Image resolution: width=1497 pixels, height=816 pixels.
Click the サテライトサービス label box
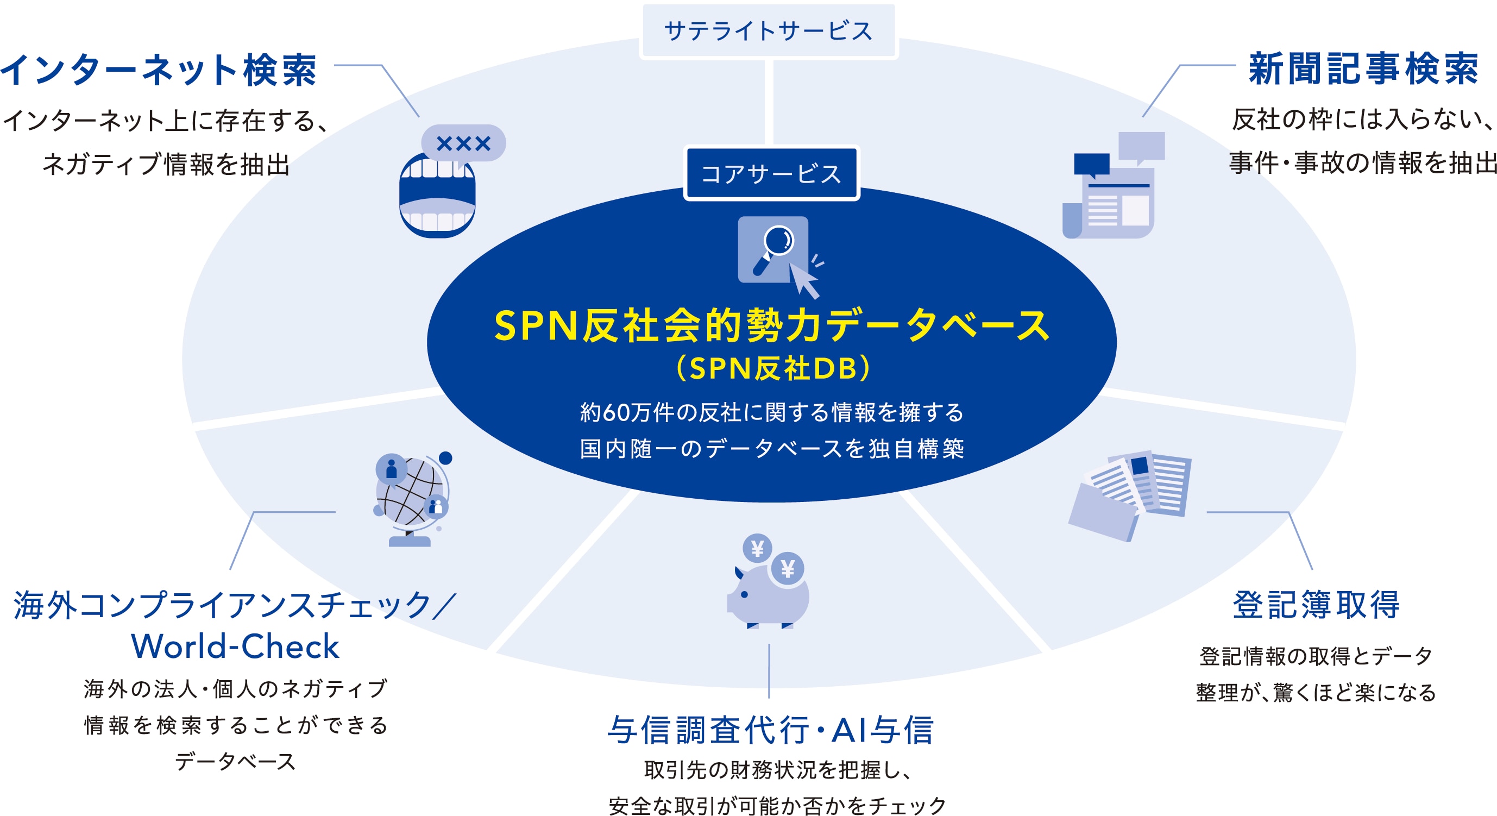(768, 31)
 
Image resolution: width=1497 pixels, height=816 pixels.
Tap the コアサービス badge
(771, 173)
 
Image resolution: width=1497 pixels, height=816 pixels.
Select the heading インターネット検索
(158, 70)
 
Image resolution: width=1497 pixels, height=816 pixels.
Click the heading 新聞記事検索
(1363, 68)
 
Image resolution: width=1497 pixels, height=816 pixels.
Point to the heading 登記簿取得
(1316, 605)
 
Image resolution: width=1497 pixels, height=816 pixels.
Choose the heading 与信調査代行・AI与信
(771, 730)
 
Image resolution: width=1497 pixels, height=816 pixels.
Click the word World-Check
(235, 646)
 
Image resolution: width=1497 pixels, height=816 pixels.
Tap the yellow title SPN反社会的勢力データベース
(772, 325)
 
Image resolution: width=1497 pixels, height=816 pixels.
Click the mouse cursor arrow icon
(804, 280)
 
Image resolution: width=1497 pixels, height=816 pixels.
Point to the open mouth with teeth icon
(437, 195)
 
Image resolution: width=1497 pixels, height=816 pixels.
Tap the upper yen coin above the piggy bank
(757, 548)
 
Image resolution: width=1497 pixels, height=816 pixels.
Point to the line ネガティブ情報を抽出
(166, 165)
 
